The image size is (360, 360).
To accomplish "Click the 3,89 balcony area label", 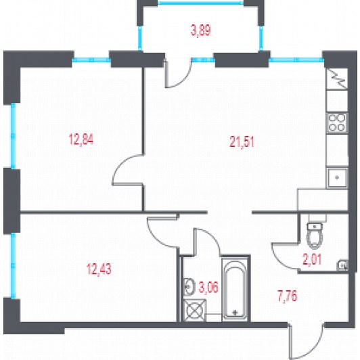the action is tap(200, 30).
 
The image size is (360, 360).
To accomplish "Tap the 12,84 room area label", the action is tap(81, 139).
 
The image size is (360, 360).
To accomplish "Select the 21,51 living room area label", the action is tap(242, 142).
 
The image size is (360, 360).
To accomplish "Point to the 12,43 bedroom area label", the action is tap(99, 269).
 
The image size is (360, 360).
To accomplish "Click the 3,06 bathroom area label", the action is tap(208, 288).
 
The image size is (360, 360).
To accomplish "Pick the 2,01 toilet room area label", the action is tap(312, 260).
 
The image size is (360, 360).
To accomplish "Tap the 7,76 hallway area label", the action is tap(288, 296).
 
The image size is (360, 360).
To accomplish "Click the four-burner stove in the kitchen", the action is tap(337, 123).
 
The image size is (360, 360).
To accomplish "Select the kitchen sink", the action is tap(337, 177).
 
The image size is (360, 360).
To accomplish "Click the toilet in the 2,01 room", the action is tap(315, 235).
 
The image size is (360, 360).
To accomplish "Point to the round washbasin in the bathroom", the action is tap(189, 286).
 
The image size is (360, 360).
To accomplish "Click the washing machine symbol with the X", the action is tap(195, 310).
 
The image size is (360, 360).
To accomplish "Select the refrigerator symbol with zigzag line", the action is tap(337, 78).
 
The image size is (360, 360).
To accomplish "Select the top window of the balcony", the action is tap(200, 3).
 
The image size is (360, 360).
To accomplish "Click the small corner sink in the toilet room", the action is tap(342, 265).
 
